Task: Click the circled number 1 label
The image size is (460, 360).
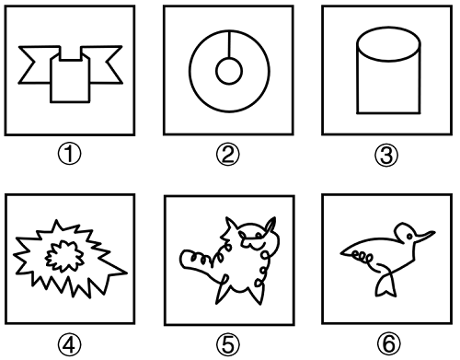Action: pos(70,155)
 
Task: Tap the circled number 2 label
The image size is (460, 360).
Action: pos(228,155)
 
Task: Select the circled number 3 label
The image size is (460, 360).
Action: pos(386,155)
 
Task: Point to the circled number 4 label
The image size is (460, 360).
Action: pos(70,344)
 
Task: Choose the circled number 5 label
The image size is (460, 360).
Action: pos(228,344)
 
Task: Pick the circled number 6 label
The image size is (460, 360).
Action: pos(388,343)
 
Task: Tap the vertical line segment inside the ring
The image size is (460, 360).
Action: pos(229,44)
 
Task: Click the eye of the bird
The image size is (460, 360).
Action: pos(409,237)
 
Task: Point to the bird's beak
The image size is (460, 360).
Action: pos(425,237)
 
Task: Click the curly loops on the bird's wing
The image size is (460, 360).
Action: pos(362,257)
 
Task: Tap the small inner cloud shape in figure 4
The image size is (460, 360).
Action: pos(64,256)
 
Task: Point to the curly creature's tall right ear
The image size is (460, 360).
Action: pos(270,225)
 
